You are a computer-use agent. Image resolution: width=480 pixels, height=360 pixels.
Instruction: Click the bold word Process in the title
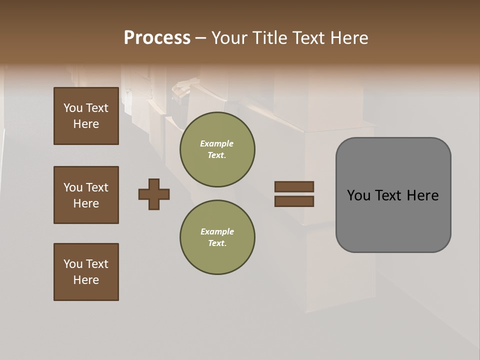157,38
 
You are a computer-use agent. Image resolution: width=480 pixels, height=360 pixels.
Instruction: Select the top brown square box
86,116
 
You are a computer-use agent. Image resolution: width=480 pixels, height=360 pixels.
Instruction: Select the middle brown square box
86,195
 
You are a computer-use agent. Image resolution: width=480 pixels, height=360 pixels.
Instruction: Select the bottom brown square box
86,272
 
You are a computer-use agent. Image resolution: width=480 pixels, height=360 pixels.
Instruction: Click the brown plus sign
154,194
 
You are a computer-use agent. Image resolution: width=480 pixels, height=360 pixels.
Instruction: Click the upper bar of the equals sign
294,186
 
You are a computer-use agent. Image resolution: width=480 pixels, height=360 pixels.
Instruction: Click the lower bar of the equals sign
294,201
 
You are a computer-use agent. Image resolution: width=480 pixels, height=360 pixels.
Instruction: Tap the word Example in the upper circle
217,143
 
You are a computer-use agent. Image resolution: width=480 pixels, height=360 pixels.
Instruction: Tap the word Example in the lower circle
217,231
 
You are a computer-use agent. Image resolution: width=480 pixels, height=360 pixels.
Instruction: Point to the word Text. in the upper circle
217,155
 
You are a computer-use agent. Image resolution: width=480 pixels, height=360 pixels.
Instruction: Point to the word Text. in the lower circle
217,243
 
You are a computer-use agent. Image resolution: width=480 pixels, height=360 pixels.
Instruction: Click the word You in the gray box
359,195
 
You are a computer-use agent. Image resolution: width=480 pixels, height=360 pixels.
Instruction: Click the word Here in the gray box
422,195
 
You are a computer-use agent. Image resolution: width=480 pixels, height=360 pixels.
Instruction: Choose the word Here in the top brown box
86,124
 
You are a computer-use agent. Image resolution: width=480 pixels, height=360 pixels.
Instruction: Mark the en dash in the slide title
201,38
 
